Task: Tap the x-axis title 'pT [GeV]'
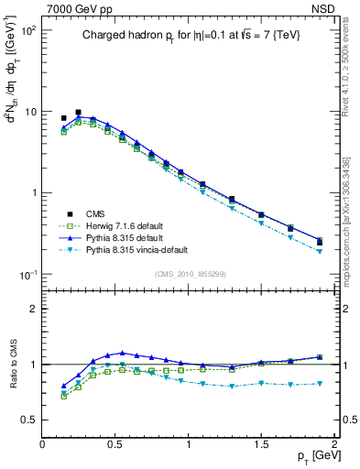pos(312,455)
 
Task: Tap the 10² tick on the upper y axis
pos(29,30)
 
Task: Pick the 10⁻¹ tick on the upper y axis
pos(29,275)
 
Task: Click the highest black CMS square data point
pos(78,113)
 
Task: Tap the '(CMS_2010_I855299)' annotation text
pos(187,274)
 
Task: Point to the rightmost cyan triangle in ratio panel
pos(320,383)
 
